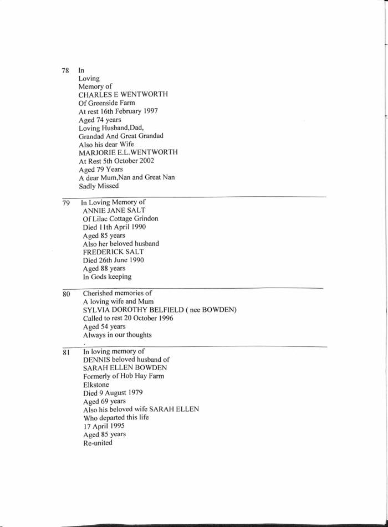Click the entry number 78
[x=65, y=71]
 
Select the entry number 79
[x=65, y=203]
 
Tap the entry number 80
[x=66, y=294]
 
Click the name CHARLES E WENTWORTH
[x=123, y=95]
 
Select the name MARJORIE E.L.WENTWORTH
[x=128, y=152]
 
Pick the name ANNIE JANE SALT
[x=114, y=211]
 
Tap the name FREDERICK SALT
[x=113, y=252]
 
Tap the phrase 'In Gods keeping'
[x=107, y=277]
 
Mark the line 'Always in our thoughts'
[x=117, y=335]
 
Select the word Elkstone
[x=97, y=385]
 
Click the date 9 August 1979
[x=123, y=393]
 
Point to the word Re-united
[x=98, y=442]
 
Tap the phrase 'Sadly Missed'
[x=99, y=186]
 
